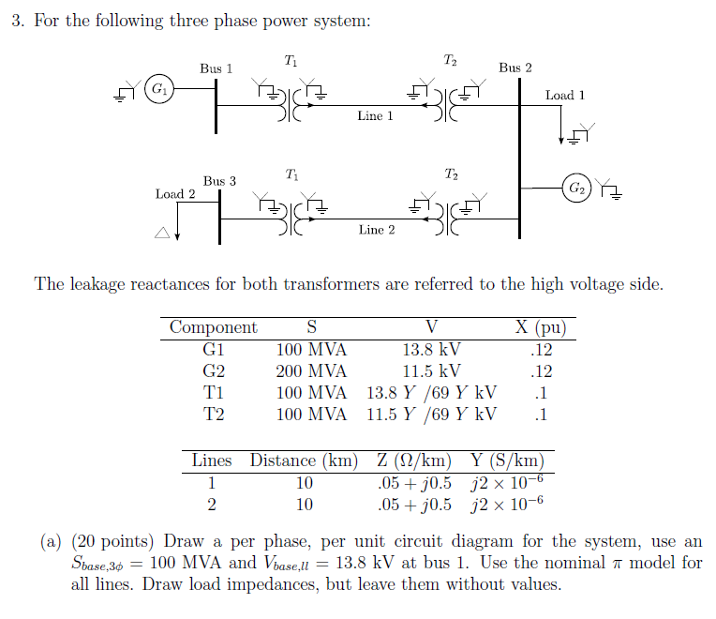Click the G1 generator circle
[160, 90]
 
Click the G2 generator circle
[576, 189]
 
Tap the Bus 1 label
[216, 68]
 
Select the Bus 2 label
[515, 68]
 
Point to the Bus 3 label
[220, 180]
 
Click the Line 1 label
[376, 116]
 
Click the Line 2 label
[377, 229]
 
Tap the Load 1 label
[565, 95]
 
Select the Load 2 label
[175, 193]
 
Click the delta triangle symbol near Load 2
[163, 234]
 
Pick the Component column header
[213, 327]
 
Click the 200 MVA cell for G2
[311, 370]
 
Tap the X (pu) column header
[540, 327]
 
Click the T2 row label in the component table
[213, 414]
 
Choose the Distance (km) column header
[304, 460]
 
